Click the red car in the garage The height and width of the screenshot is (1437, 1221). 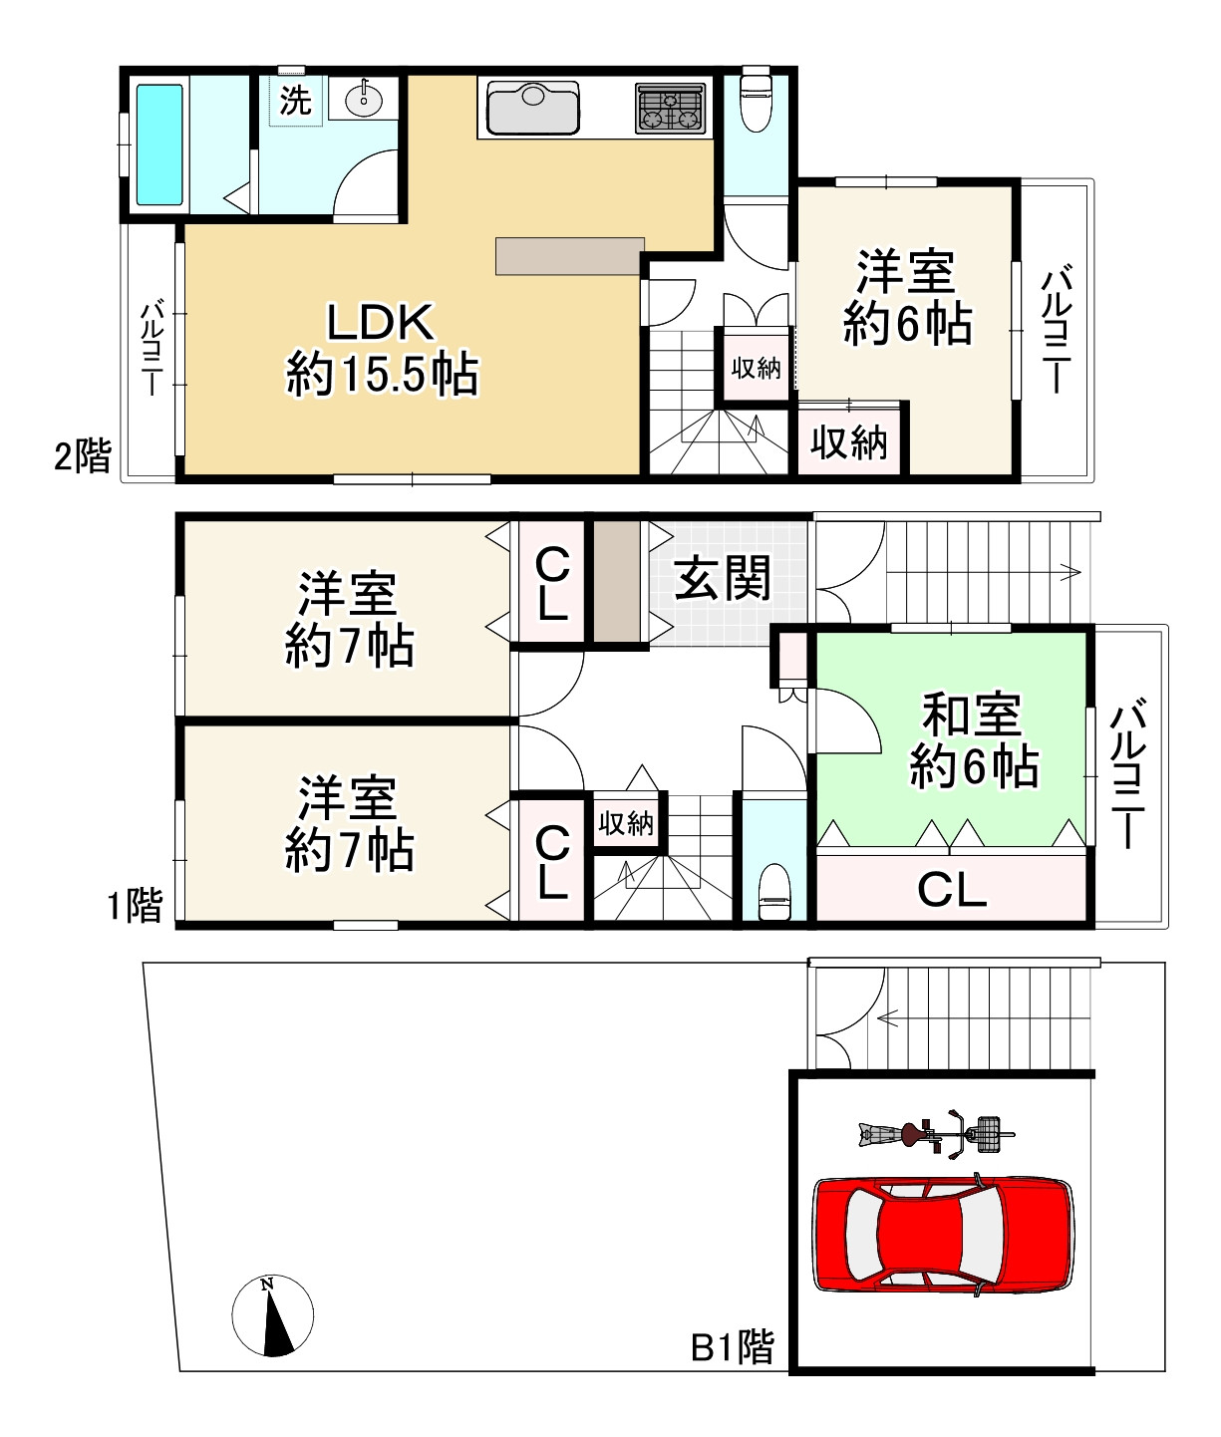(x=944, y=1235)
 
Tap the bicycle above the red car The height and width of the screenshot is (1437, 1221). (x=936, y=1134)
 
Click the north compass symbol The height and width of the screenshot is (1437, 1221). (x=272, y=1315)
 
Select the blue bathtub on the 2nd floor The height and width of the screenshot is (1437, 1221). (x=159, y=144)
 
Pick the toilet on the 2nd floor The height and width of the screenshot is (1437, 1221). (x=757, y=101)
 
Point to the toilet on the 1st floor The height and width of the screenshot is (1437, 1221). (x=774, y=892)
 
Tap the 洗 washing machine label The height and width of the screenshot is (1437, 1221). (x=295, y=100)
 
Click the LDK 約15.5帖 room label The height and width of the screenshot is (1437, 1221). (x=382, y=349)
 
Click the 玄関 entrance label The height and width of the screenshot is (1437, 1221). (x=723, y=578)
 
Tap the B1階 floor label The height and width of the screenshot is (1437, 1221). (x=733, y=1347)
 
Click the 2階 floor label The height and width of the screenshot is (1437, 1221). (x=82, y=456)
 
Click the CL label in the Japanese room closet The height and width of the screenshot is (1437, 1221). (x=952, y=889)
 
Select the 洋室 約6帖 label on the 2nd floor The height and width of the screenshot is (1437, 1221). (x=907, y=297)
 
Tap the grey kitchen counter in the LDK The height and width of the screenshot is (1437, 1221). (x=570, y=255)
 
